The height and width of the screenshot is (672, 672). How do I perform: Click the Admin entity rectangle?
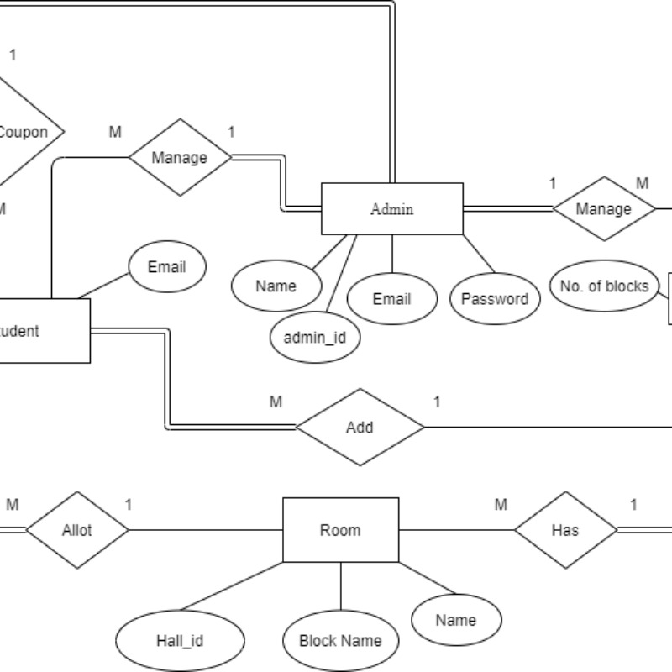pyautogui.click(x=392, y=208)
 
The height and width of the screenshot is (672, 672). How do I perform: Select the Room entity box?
pyautogui.click(x=340, y=530)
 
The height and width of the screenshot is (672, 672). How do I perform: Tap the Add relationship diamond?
pyautogui.click(x=360, y=428)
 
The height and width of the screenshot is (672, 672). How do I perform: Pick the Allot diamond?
pyautogui.click(x=76, y=530)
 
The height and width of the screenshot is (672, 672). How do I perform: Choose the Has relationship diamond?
pyautogui.click(x=564, y=530)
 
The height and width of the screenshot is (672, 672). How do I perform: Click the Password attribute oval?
pyautogui.click(x=495, y=299)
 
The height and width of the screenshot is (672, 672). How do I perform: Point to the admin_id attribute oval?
pyautogui.click(x=315, y=338)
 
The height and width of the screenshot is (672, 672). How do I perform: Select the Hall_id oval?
pyautogui.click(x=180, y=641)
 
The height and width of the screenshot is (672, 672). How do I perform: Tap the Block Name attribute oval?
pyautogui.click(x=340, y=641)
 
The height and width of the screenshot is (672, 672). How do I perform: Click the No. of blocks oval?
pyautogui.click(x=604, y=286)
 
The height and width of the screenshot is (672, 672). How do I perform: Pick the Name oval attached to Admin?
pyautogui.click(x=276, y=286)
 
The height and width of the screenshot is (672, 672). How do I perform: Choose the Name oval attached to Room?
pyautogui.click(x=456, y=621)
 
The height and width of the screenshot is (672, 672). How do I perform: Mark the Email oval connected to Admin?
pyautogui.click(x=391, y=299)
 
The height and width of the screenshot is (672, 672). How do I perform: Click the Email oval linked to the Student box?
pyautogui.click(x=166, y=268)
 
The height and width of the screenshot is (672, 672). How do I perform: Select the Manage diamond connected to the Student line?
pyautogui.click(x=179, y=157)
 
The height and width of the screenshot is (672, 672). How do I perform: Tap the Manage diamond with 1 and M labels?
pyautogui.click(x=603, y=208)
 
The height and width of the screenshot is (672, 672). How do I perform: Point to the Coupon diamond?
pyautogui.click(x=25, y=132)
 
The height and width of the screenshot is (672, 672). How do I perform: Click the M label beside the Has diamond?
pyautogui.click(x=501, y=505)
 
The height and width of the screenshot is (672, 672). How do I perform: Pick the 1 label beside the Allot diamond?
pyautogui.click(x=129, y=505)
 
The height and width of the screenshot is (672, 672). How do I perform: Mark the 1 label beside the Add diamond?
pyautogui.click(x=437, y=402)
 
